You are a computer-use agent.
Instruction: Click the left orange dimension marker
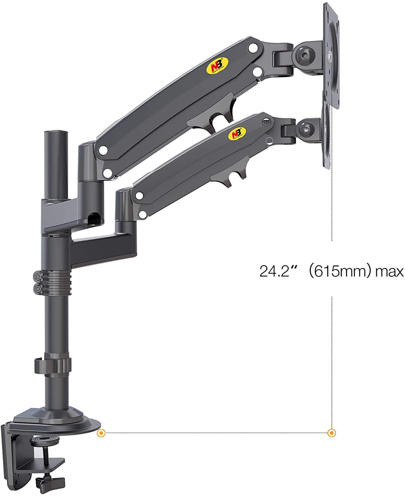click(102, 433)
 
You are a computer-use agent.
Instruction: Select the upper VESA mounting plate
click(331, 53)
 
